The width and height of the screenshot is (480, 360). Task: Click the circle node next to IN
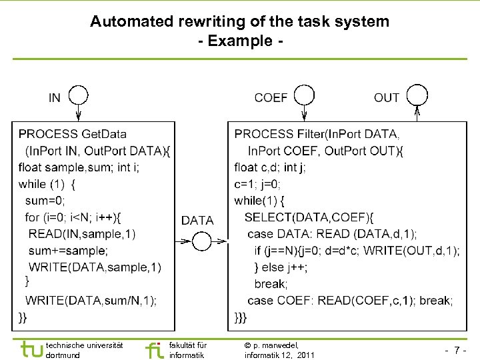(79, 95)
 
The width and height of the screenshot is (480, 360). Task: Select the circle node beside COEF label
(305, 95)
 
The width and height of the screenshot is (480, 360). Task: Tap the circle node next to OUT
(417, 95)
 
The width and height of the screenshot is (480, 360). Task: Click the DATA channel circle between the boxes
(201, 241)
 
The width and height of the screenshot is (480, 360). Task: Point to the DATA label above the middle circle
(197, 220)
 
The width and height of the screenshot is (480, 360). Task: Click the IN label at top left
(55, 98)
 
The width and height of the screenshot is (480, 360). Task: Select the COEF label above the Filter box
(271, 98)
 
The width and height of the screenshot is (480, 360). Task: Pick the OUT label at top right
(387, 98)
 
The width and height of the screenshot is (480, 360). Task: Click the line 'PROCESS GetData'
(73, 135)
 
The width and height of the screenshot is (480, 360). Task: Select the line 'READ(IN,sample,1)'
(82, 233)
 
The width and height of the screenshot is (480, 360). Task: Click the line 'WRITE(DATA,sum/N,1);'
(91, 300)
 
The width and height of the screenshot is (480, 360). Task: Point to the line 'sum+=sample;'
(69, 251)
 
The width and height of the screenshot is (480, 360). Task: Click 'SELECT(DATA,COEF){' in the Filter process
(310, 217)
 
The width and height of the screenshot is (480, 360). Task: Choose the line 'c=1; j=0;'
(258, 184)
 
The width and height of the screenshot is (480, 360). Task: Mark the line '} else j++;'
(281, 267)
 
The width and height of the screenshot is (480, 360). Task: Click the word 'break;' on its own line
(270, 284)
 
